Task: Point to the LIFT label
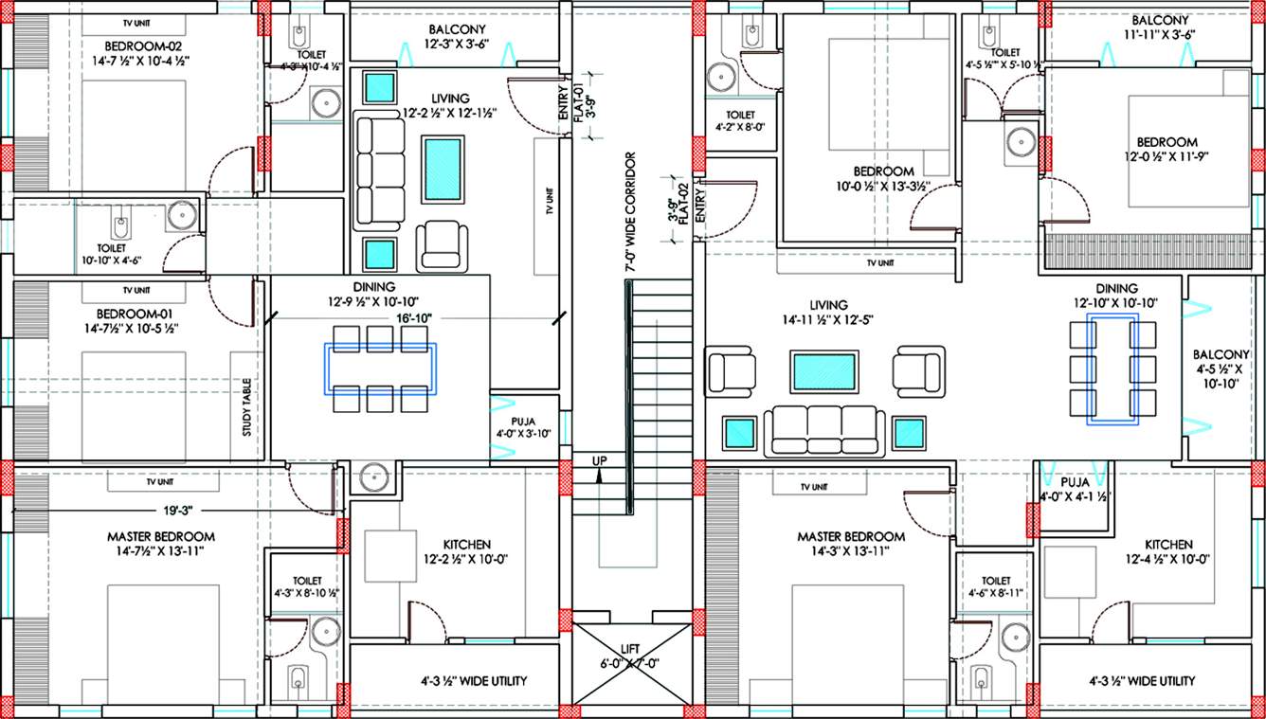pyautogui.click(x=629, y=656)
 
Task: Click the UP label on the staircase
pyautogui.click(x=599, y=460)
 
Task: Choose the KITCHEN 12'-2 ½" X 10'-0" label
pyautogui.click(x=466, y=552)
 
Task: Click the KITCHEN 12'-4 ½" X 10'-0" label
pyautogui.click(x=1167, y=552)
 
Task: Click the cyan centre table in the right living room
pyautogui.click(x=823, y=371)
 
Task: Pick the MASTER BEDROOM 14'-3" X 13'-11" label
pyautogui.click(x=850, y=543)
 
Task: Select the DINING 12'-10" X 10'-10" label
pyautogui.click(x=1112, y=296)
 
